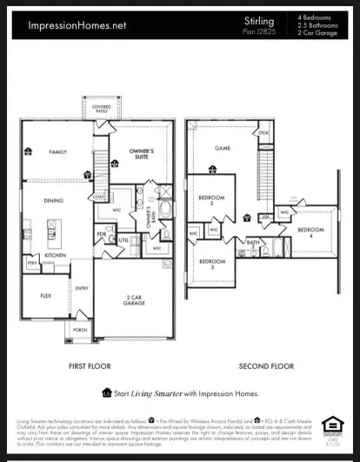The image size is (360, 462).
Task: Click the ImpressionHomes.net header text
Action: [76, 26]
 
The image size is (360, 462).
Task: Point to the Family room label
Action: [57, 151]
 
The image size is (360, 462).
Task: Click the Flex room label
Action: [43, 295]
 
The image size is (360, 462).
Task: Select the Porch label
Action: [79, 331]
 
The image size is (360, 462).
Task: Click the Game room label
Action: [223, 149]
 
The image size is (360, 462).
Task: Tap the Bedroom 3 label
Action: [212, 264]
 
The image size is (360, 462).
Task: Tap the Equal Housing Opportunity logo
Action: [332, 426]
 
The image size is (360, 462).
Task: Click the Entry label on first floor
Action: [81, 288]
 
